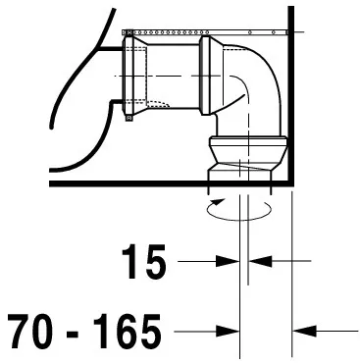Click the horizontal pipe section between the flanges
pos(173,74)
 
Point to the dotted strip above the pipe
pos(206,33)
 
